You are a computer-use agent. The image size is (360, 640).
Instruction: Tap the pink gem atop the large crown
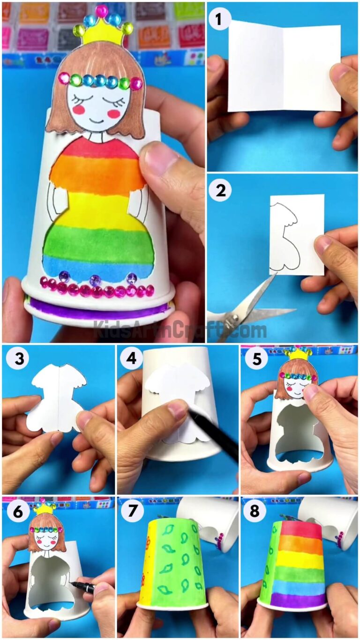(101, 10)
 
